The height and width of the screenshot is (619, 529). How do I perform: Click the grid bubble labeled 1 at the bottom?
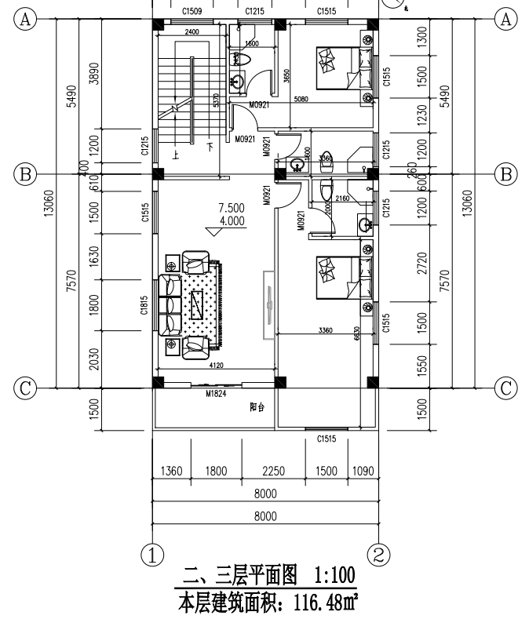coord(151,555)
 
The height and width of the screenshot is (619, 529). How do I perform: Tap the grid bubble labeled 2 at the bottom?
coord(379,555)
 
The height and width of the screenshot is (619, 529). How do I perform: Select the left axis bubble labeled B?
coord(27,174)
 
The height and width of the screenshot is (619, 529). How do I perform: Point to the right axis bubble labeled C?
coord(506,387)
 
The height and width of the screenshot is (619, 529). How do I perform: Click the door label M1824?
coord(216,394)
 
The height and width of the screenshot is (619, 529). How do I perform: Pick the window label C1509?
coord(192,12)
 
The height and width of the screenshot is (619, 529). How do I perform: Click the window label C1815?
coord(145,304)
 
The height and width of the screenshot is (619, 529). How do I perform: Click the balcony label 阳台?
coord(257,408)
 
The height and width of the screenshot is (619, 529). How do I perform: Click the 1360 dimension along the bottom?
coord(170,472)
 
